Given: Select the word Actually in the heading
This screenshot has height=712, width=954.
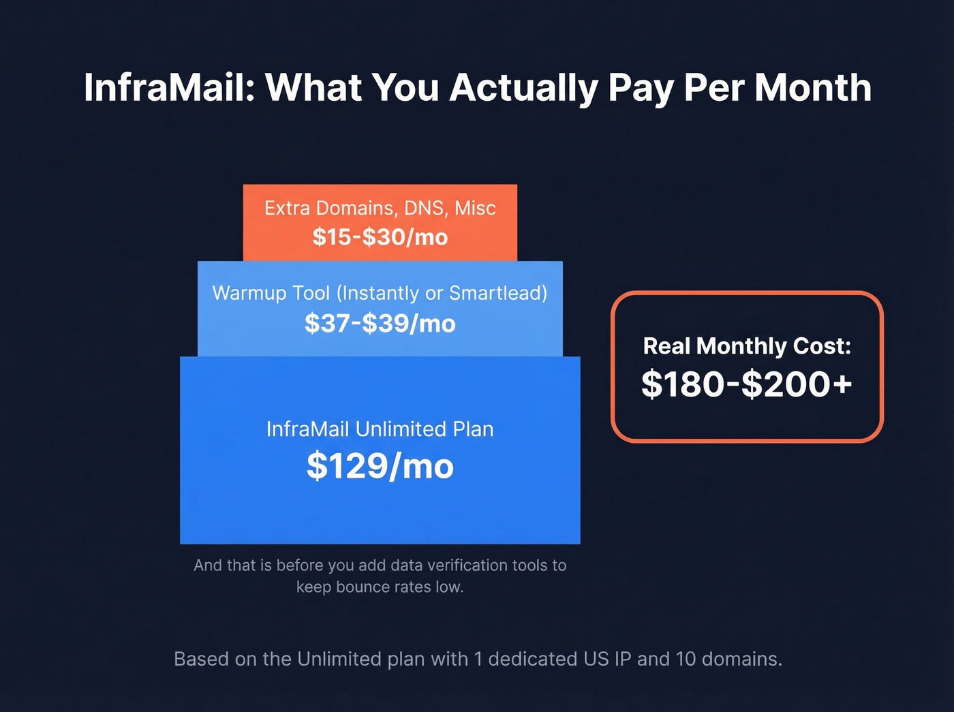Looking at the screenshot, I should [x=523, y=89].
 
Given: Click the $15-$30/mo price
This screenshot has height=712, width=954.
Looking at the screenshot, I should [x=380, y=237].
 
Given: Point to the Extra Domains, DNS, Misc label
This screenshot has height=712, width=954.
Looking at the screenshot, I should [x=380, y=208].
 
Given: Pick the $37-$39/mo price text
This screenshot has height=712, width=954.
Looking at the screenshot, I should [x=380, y=323].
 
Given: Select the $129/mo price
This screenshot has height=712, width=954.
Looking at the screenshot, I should [x=380, y=467].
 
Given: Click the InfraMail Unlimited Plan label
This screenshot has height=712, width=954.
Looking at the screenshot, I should [x=380, y=429].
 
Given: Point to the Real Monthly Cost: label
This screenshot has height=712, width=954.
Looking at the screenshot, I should [x=747, y=346].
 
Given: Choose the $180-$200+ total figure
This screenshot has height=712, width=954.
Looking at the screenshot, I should [x=747, y=384].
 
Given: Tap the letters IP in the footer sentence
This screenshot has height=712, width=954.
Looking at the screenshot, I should [x=622, y=660].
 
